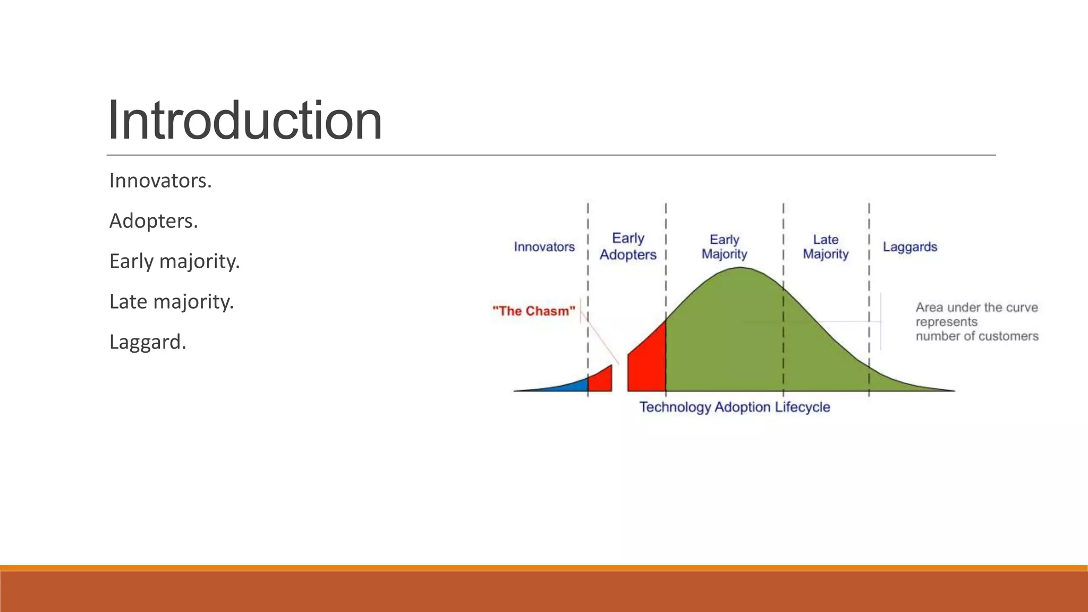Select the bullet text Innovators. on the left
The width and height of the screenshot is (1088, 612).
tap(160, 181)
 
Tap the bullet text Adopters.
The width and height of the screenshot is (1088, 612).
tap(154, 221)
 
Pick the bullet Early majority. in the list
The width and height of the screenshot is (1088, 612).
tap(174, 261)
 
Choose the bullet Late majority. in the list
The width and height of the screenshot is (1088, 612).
tap(171, 302)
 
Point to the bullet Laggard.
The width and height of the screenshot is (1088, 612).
tap(148, 342)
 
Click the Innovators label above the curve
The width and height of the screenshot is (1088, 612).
tap(544, 246)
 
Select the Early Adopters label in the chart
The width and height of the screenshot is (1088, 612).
tap(628, 246)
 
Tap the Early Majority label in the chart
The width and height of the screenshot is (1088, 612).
tap(724, 246)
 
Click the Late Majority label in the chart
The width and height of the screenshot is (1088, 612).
tap(825, 246)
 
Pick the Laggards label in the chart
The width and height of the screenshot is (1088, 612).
tap(909, 246)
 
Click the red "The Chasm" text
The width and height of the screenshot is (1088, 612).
tap(533, 311)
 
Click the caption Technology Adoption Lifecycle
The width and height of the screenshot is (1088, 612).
tap(734, 407)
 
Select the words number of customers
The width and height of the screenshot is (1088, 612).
tap(976, 336)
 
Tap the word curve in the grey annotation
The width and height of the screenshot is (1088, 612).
tap(1022, 308)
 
